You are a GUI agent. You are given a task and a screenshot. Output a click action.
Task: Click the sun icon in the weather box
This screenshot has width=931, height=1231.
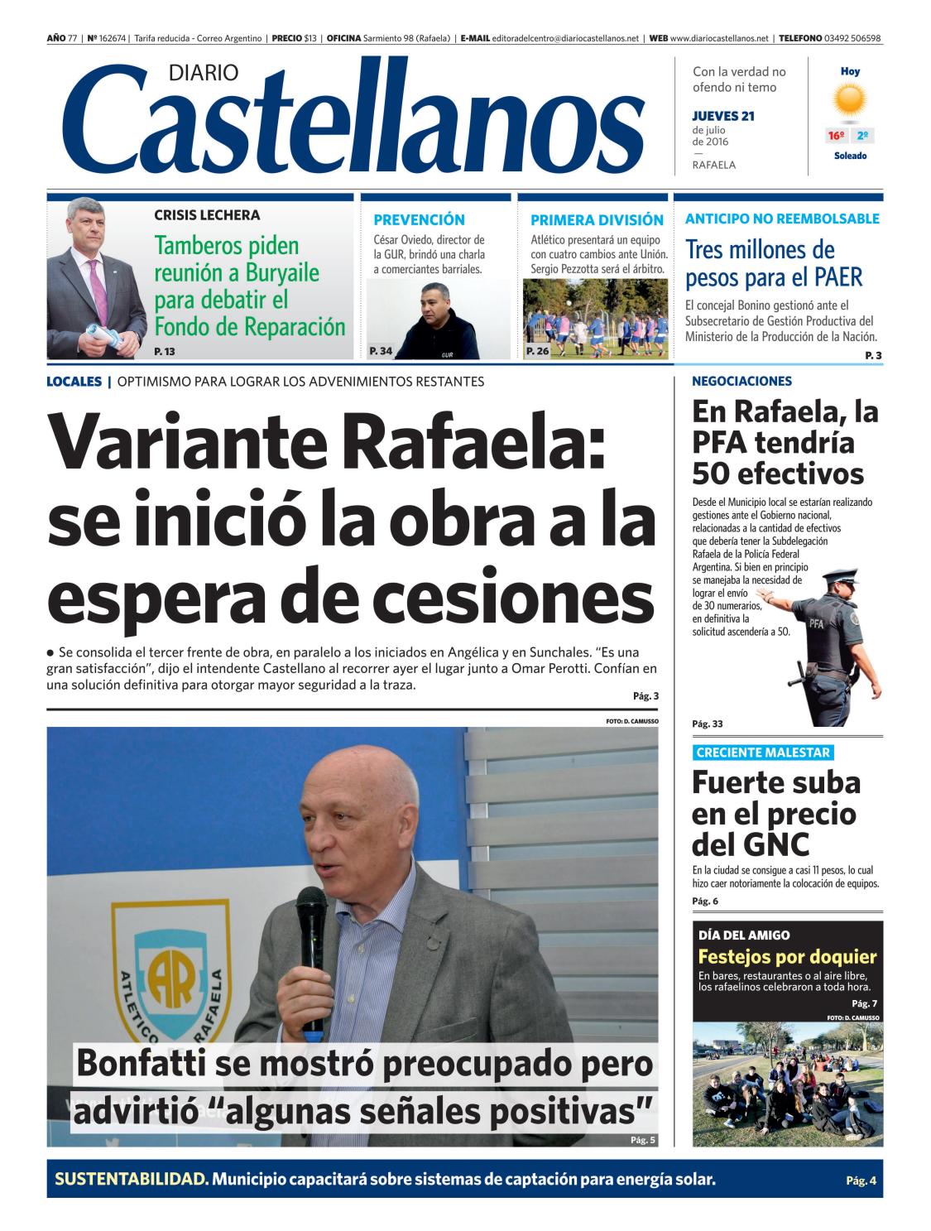(x=850, y=101)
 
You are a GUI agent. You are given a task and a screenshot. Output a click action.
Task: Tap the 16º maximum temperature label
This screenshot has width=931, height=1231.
(x=837, y=136)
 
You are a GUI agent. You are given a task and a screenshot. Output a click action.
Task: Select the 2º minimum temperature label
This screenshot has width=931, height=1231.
(x=862, y=136)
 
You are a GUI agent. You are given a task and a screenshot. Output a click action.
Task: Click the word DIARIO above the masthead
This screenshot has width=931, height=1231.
(x=203, y=74)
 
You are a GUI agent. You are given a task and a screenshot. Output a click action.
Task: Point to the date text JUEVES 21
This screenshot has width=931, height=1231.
(x=723, y=116)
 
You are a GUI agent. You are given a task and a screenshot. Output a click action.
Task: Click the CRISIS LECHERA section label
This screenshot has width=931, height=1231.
(x=207, y=215)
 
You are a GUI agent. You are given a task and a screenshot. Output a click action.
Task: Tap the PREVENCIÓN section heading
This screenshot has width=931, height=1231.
(x=419, y=220)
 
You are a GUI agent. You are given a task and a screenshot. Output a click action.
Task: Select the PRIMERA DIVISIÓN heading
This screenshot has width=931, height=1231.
(x=597, y=220)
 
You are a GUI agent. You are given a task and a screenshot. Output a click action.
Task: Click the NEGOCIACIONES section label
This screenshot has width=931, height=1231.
(x=741, y=382)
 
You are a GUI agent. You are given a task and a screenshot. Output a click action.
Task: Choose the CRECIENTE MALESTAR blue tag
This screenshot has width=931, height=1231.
(x=762, y=753)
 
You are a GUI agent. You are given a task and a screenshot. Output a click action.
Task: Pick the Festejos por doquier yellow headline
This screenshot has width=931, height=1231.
(x=787, y=957)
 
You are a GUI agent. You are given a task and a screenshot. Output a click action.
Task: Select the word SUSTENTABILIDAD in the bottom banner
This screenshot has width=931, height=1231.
(x=131, y=1179)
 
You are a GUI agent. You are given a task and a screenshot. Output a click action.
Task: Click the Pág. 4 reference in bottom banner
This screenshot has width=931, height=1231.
(x=860, y=1181)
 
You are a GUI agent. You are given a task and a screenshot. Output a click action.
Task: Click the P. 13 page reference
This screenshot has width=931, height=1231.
(x=165, y=352)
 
